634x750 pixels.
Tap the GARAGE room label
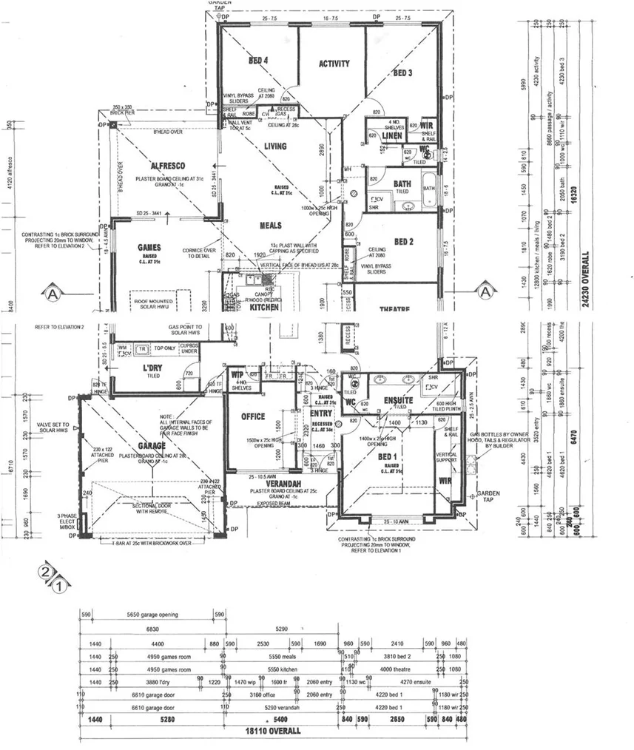pyautogui.click(x=152, y=446)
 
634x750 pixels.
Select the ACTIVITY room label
pyautogui.click(x=334, y=64)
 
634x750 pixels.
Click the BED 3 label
pyautogui.click(x=402, y=72)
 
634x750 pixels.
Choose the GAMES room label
pyautogui.click(x=149, y=248)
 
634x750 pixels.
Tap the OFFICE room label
pyautogui.click(x=253, y=417)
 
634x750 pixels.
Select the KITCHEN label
pyautogui.click(x=263, y=305)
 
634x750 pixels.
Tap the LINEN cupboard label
pyautogui.click(x=392, y=137)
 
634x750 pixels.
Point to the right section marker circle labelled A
pyautogui.click(x=485, y=291)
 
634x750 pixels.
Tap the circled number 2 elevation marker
pyautogui.click(x=46, y=572)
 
